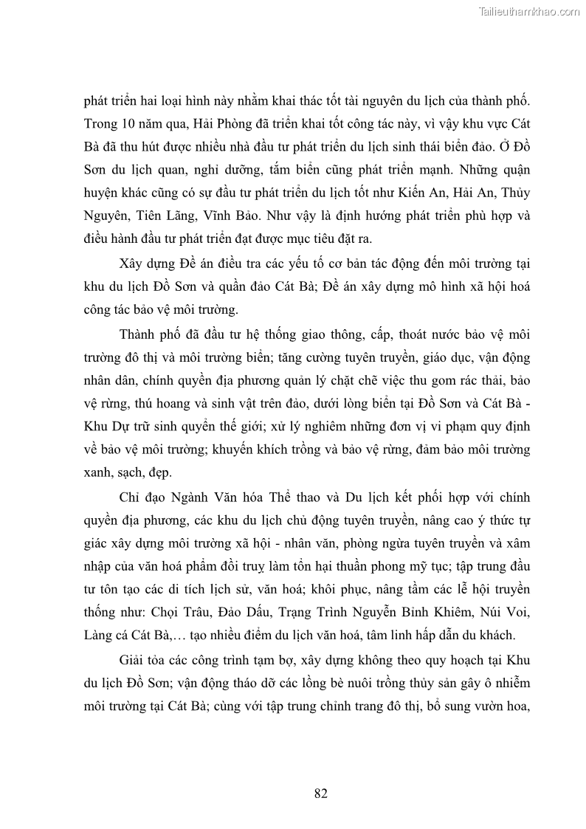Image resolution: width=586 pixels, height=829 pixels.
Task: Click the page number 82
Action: pos(320,794)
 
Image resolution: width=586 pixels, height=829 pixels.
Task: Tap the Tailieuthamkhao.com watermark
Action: pos(529,11)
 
